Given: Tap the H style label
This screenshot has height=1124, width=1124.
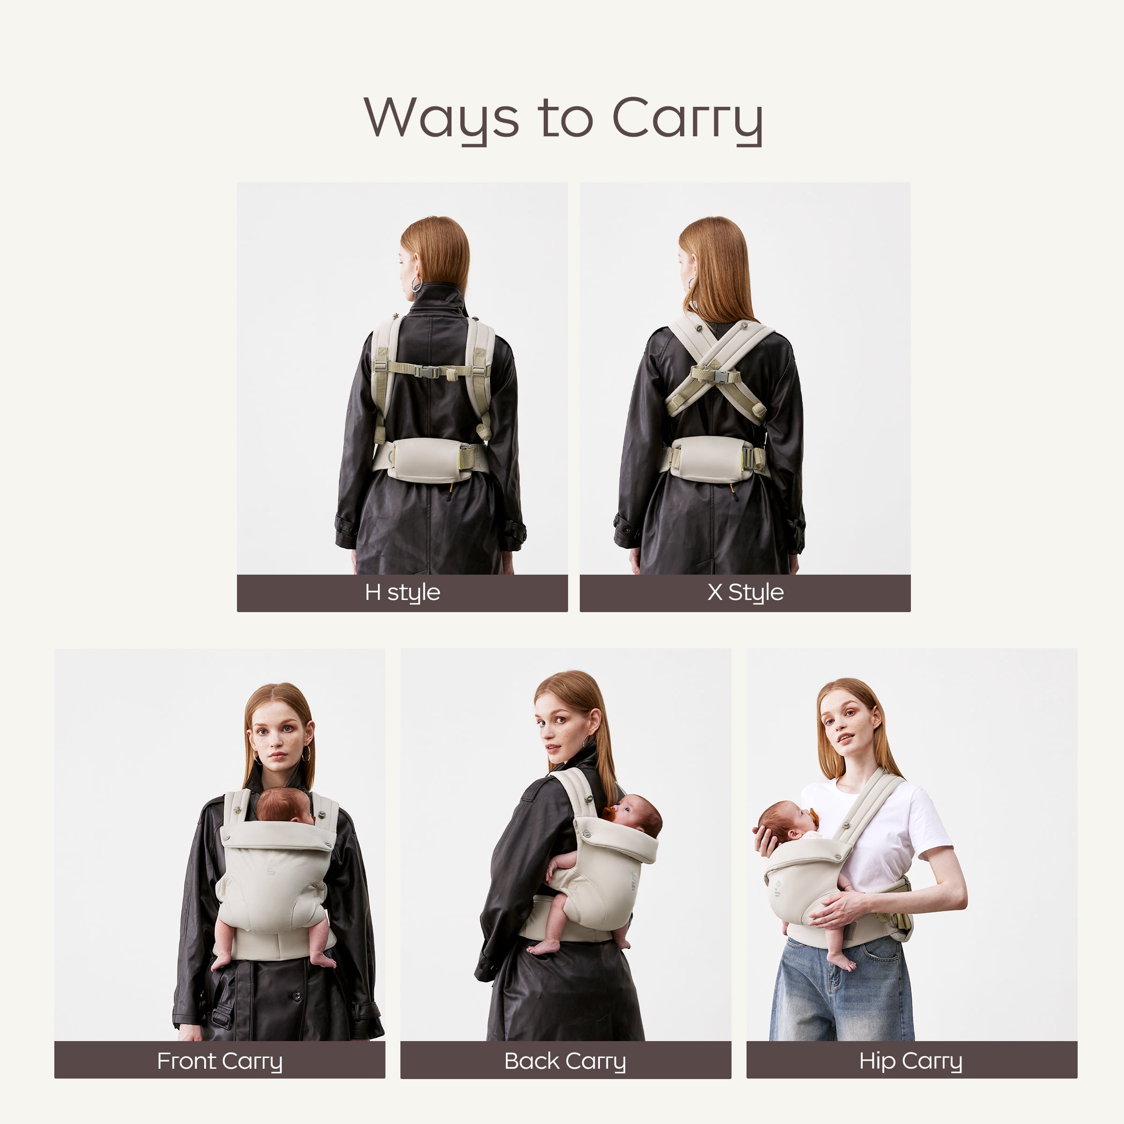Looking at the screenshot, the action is point(403,592).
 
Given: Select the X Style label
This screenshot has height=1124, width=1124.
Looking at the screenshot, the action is point(745,592).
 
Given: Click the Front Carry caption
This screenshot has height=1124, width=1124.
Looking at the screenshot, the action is point(220,1061).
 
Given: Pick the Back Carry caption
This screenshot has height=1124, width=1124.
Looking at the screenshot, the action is point(565,1061).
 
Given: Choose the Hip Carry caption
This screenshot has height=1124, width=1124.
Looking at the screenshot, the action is point(911,1061).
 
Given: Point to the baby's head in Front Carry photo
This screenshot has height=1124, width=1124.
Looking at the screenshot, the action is point(284,806).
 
